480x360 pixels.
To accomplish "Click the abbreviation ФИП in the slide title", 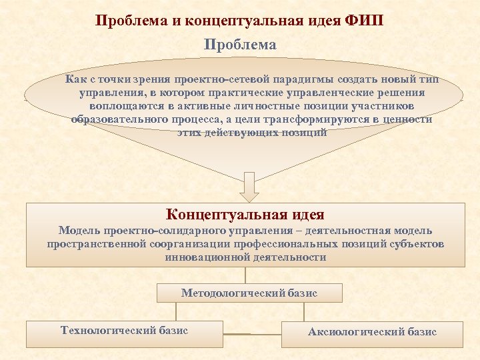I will coord(365,19).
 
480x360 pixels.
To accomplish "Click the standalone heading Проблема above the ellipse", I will coord(240,45).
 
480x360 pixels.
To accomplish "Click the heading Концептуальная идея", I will coord(245,215).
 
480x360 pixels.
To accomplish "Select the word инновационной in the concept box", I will coord(203,257).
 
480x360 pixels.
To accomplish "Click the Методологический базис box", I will coord(249,293).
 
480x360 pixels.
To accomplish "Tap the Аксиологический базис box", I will coord(371,332).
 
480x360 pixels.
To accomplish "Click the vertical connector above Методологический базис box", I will coord(245,275).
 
